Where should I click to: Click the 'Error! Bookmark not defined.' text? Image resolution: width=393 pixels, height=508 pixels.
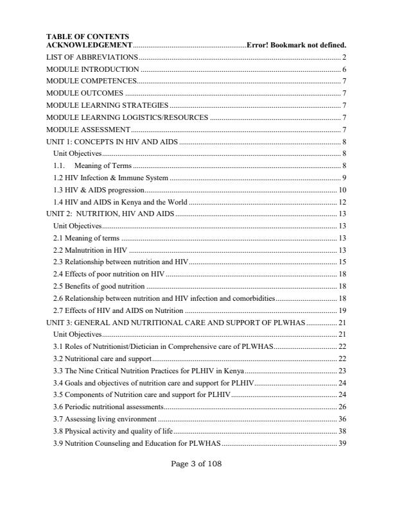coord(297,45)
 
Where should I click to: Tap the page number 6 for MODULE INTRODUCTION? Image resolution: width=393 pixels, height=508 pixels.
coord(345,69)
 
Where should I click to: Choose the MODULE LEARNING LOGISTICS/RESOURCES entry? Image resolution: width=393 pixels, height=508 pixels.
coord(127,117)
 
